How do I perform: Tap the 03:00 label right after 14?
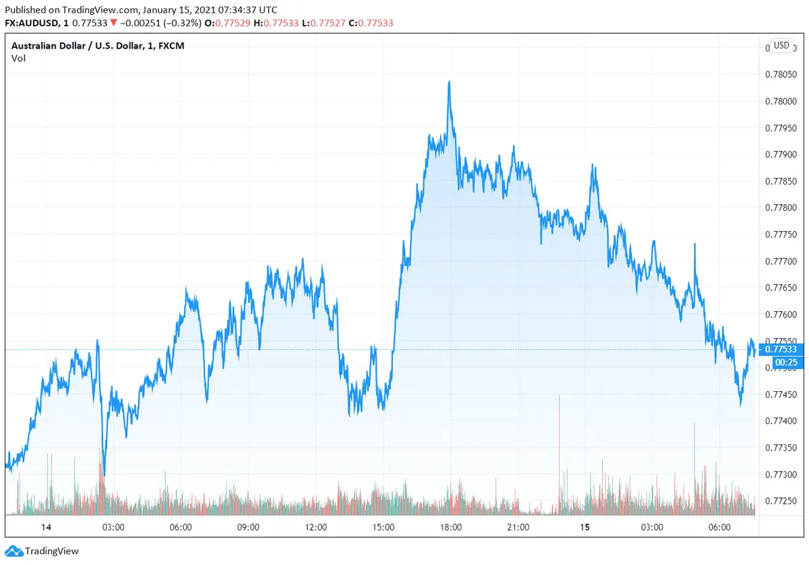pyautogui.click(x=113, y=527)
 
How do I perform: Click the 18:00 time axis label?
pyautogui.click(x=450, y=527)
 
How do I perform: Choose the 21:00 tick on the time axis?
pyautogui.click(x=518, y=527)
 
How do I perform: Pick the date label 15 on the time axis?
pyautogui.click(x=585, y=527)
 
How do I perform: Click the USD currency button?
pyautogui.click(x=781, y=46)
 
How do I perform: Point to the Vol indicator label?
pyautogui.click(x=19, y=59)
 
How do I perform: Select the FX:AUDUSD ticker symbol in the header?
pyautogui.click(x=32, y=23)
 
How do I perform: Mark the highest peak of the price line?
pyautogui.click(x=449, y=81)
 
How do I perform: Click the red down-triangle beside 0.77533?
pyautogui.click(x=115, y=23)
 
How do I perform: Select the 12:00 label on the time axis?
pyautogui.click(x=316, y=527)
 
